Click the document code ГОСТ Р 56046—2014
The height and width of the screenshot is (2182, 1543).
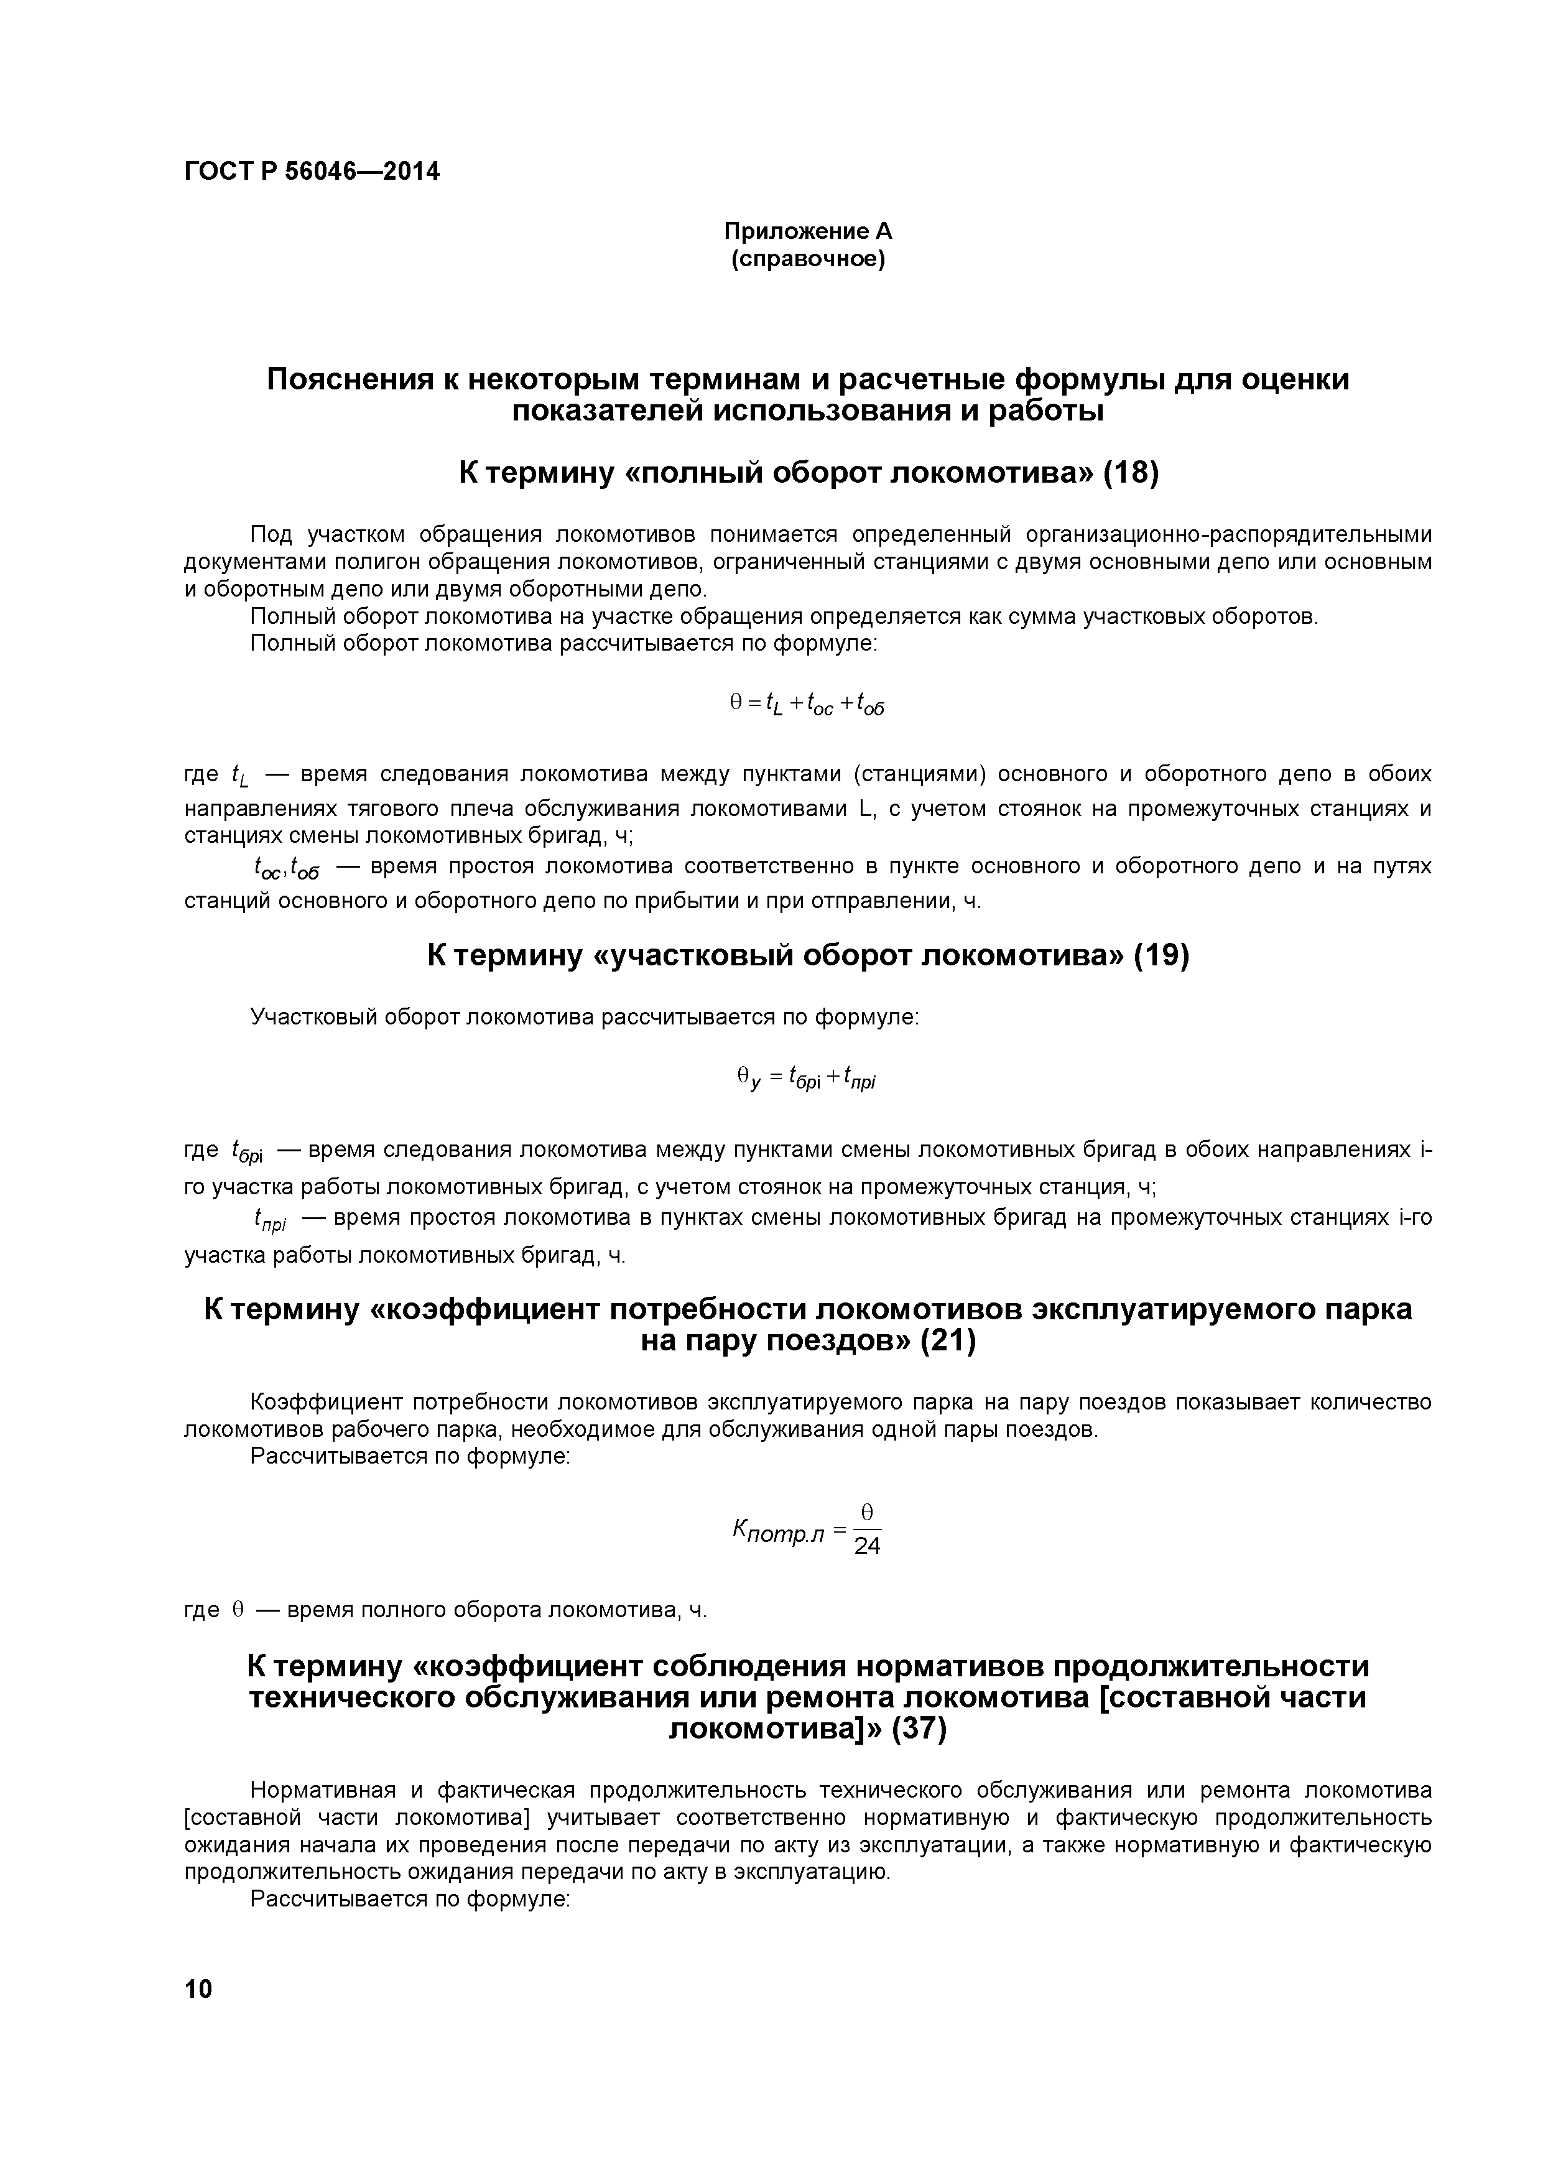[312, 172]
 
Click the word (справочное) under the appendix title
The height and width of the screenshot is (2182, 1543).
[808, 259]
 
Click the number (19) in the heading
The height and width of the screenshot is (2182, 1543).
[1161, 955]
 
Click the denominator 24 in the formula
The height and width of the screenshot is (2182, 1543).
[866, 1546]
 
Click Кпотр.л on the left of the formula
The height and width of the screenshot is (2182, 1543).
[777, 1531]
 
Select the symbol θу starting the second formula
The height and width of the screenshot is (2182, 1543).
[749, 1078]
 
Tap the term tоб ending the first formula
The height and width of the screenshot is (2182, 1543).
[870, 704]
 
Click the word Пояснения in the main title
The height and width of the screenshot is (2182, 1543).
[348, 379]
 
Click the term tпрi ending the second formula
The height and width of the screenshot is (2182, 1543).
[858, 1078]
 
